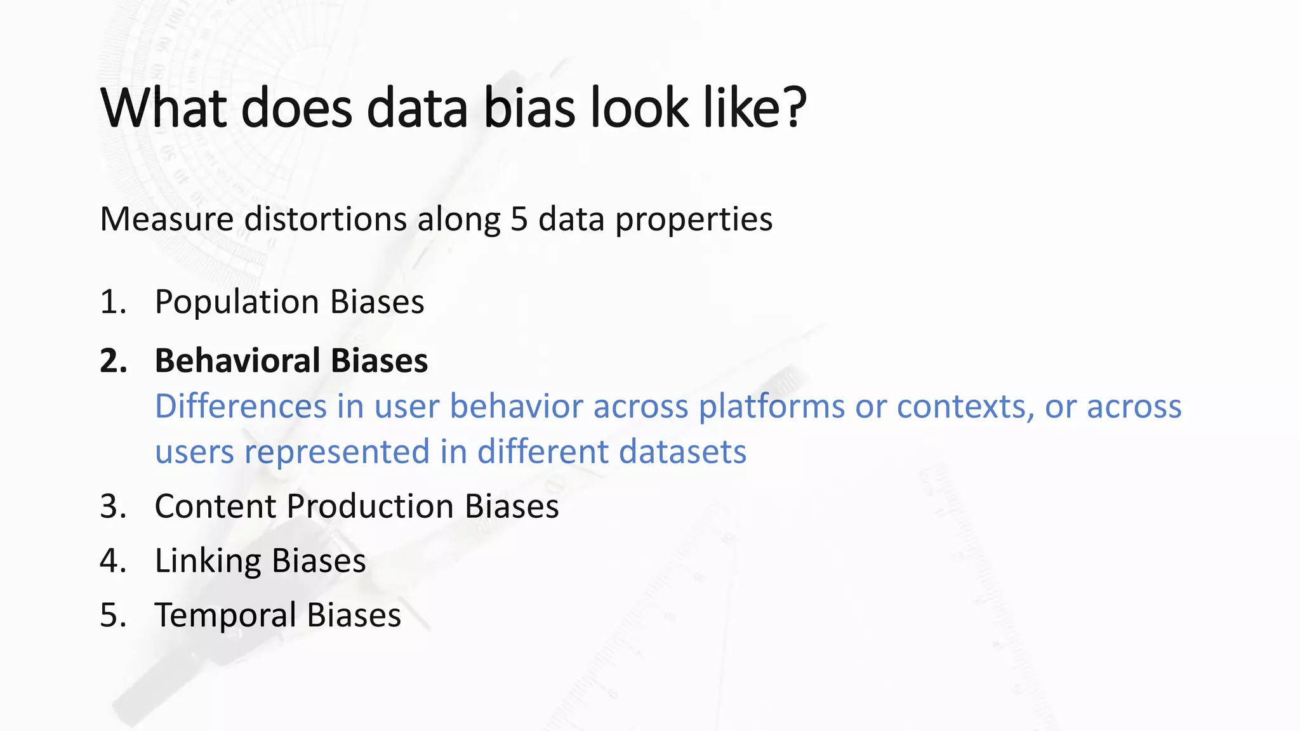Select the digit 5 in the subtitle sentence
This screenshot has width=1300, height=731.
coord(519,220)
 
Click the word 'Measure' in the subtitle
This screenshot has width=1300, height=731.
coord(167,220)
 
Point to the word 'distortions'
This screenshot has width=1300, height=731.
coord(326,220)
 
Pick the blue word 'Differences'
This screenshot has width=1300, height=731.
coord(241,406)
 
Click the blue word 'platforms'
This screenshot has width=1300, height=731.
coord(771,407)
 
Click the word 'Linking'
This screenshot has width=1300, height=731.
coord(208,562)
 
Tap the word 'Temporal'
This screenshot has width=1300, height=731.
coord(225,616)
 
